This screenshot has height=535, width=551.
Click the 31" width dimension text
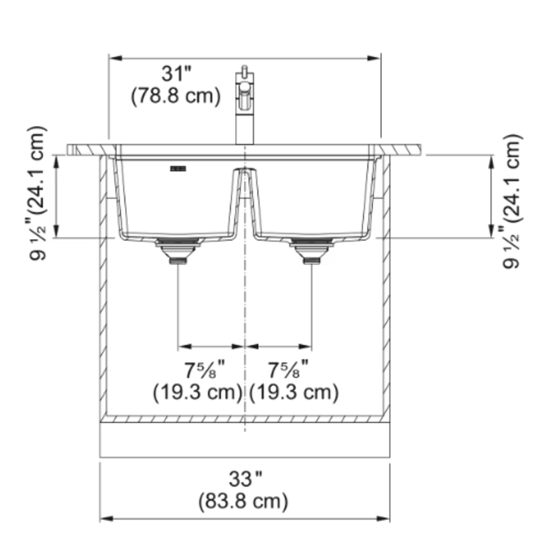pyautogui.click(x=176, y=73)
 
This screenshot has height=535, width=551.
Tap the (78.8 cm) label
pyautogui.click(x=176, y=96)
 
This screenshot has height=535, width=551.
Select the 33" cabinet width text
pyautogui.click(x=244, y=479)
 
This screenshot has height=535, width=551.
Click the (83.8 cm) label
pyautogui.click(x=243, y=502)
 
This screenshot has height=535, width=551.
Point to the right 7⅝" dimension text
pyautogui.click(x=287, y=368)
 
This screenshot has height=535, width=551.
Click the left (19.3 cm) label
pyautogui.click(x=198, y=392)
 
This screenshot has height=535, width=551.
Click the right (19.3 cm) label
pyautogui.click(x=294, y=392)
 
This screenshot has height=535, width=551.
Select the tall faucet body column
pyautogui.click(x=243, y=117)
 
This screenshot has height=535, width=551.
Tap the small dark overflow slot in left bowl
pyautogui.click(x=177, y=169)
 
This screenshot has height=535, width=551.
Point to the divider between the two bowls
pyautogui.click(x=243, y=198)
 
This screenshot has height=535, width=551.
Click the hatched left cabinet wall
pyautogui.click(x=104, y=294)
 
